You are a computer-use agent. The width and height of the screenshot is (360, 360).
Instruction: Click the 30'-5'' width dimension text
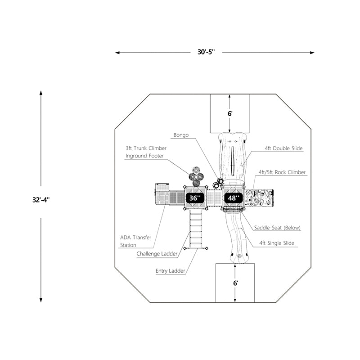pyautogui.click(x=207, y=52)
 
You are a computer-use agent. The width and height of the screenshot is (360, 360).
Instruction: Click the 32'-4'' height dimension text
pyautogui.click(x=40, y=200)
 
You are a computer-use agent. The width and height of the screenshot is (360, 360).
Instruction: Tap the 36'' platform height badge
pyautogui.click(x=195, y=198)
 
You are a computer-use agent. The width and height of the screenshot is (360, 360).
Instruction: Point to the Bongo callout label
pyautogui.click(x=181, y=135)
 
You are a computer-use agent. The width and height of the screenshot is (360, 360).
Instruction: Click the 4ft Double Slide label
pyautogui.click(x=283, y=148)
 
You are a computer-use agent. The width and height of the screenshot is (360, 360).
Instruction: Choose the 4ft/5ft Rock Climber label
pyautogui.click(x=282, y=172)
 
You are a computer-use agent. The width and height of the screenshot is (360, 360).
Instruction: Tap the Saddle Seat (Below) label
pyautogui.click(x=277, y=228)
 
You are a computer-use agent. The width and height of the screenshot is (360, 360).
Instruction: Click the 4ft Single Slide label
pyautogui.click(x=277, y=243)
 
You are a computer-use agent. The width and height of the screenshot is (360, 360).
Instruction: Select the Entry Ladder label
pyautogui.click(x=171, y=271)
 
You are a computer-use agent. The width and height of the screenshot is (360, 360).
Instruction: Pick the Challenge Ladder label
pyautogui.click(x=157, y=254)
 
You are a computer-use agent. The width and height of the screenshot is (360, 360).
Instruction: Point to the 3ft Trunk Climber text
pyautogui.click(x=146, y=148)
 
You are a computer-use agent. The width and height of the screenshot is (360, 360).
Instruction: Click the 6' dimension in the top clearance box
pyautogui.click(x=230, y=114)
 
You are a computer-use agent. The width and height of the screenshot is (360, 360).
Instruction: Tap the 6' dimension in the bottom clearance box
pyautogui.click(x=235, y=283)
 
